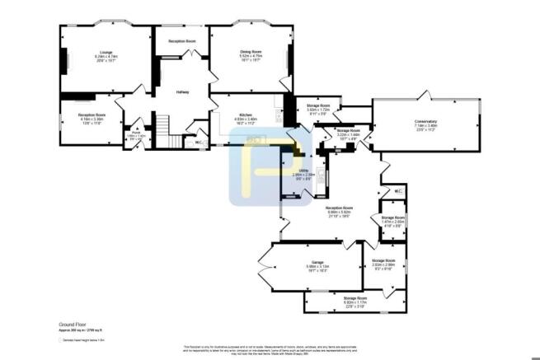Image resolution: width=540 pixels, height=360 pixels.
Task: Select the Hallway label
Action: pyautogui.click(x=183, y=91)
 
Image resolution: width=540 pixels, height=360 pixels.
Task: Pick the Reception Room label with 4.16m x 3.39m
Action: pyautogui.click(x=92, y=115)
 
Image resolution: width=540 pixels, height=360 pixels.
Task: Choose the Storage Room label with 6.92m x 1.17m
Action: pyautogui.click(x=355, y=298)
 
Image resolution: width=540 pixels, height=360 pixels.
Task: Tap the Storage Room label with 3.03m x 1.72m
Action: pyautogui.click(x=318, y=106)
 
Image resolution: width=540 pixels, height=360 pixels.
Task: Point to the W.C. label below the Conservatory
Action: pyautogui.click(x=397, y=192)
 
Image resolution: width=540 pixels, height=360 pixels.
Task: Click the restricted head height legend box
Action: pyautogui.click(x=60, y=339)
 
